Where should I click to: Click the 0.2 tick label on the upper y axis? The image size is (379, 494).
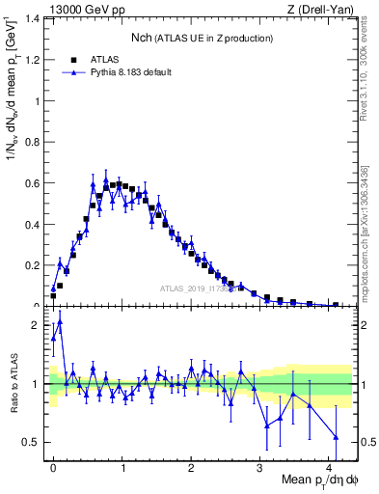33,265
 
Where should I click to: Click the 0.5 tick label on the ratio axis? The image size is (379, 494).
33,442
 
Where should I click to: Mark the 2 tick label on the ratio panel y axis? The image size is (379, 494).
38,325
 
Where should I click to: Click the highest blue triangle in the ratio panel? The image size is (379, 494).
60,322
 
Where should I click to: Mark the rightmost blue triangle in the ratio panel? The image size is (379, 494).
336,438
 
